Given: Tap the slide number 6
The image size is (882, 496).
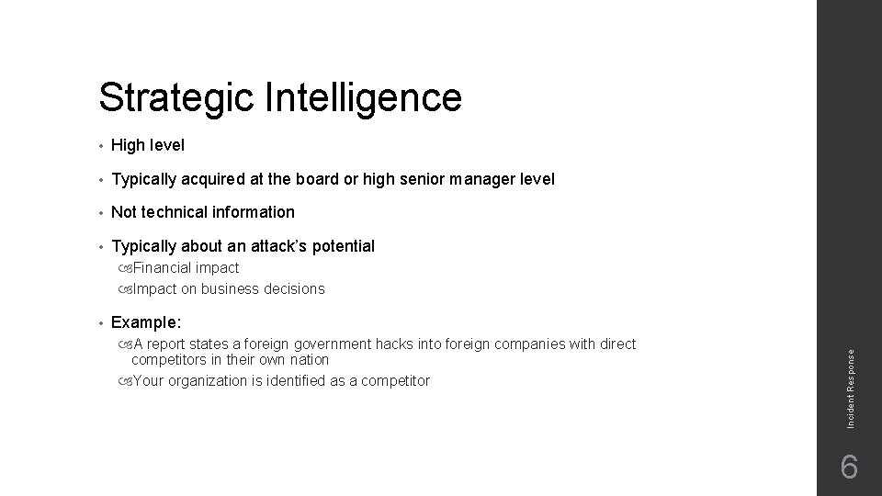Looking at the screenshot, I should tap(849, 468).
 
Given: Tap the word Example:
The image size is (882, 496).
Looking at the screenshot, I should tap(146, 322).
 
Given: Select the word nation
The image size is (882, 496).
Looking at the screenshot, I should tap(309, 359).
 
